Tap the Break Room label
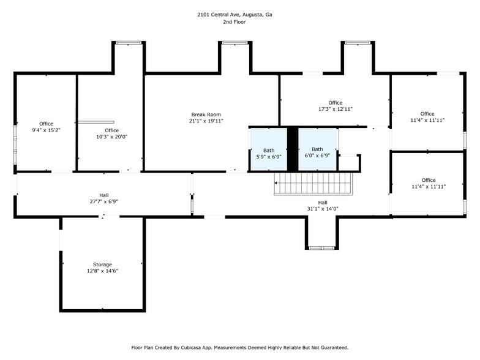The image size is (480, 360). tap(206, 114)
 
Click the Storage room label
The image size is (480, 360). tap(102, 264)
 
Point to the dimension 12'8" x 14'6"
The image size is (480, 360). tap(102, 271)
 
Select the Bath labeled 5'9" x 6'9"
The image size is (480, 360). tap(269, 153)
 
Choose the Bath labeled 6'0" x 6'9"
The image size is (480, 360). tap(317, 152)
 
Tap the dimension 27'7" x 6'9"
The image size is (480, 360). tap(103, 201)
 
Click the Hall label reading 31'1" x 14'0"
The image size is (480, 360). tap(322, 206)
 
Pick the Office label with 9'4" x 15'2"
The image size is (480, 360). tap(46, 127)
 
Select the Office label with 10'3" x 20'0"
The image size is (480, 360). tap(111, 134)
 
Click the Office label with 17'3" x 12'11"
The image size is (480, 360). tap(335, 106)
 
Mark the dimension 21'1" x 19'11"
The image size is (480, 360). tap(206, 121)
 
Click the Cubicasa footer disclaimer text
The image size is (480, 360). tap(240, 347)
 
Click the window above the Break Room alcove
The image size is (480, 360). tap(235, 43)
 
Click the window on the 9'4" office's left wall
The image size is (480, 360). tap(16, 144)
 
